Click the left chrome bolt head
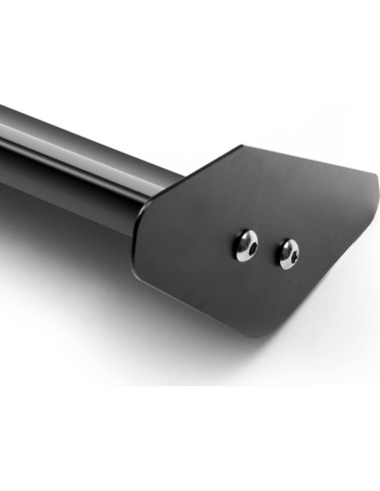(x=247, y=244)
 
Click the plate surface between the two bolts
(x=268, y=249)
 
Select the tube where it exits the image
(x=4, y=130)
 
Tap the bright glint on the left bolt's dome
(x=242, y=240)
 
